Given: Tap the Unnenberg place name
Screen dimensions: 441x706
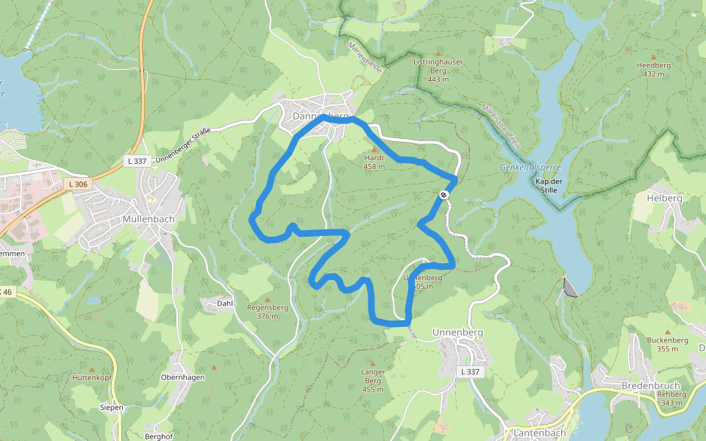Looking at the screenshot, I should tap(457, 332).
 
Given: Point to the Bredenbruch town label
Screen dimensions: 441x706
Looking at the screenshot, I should tap(648, 386).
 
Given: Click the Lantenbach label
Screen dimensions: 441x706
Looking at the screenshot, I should tap(539, 434).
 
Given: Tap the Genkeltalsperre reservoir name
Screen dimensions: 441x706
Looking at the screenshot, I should tap(530, 168).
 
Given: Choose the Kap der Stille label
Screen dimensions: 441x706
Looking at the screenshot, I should tap(549, 185).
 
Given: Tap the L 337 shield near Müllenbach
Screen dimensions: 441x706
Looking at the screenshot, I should tap(138, 160).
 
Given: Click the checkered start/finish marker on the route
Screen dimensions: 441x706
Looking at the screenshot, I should tap(444, 195).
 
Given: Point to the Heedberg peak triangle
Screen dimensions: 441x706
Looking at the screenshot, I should tap(654, 57).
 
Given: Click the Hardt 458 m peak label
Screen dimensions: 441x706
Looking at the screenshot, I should tap(374, 162).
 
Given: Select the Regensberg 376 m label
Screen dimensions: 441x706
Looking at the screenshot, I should tap(268, 312).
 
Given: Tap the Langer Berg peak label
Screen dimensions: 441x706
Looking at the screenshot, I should tap(373, 380).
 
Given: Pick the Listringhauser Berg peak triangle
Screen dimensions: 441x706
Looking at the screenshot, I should tap(438, 53).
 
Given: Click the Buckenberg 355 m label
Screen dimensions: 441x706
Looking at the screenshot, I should tap(668, 344).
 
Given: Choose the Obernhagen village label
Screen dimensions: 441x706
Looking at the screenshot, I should tap(182, 377).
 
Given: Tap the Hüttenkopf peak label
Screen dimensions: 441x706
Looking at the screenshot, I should tap(91, 377).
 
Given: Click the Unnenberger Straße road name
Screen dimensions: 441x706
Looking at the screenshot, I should tap(183, 145).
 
